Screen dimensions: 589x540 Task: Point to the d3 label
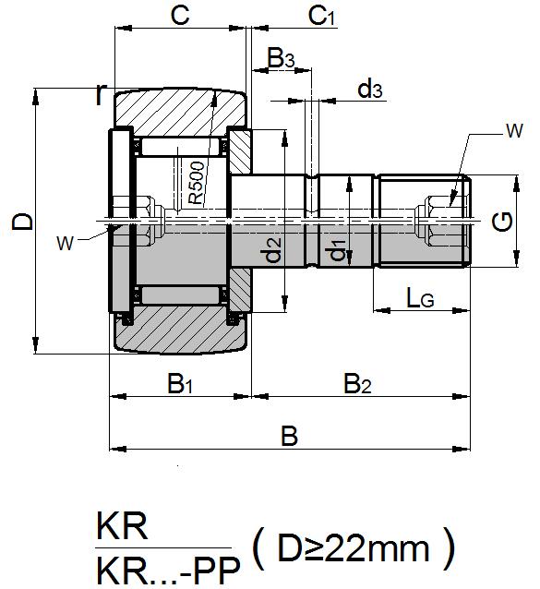coord(370,89)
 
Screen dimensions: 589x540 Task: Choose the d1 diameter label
coord(339,248)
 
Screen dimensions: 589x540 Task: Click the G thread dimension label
coord(503,222)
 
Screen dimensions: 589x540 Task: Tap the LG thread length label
coord(420,297)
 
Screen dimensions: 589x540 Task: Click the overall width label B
coord(289,436)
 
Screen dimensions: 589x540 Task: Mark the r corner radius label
coord(101,94)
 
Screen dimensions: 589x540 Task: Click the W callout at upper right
coord(513,132)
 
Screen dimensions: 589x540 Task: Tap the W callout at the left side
coord(65,243)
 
